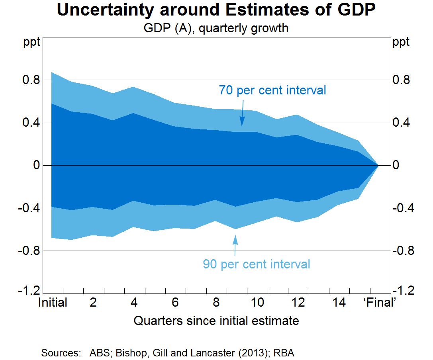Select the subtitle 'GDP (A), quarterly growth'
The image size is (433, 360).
click(216, 29)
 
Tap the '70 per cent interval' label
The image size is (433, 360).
click(272, 90)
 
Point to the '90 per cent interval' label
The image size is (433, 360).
click(257, 264)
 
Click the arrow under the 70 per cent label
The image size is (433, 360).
click(242, 117)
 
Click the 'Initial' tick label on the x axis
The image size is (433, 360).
click(53, 303)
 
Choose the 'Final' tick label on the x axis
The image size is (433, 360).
click(380, 303)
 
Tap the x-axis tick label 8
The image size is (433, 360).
click(216, 303)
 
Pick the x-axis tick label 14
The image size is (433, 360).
click(339, 303)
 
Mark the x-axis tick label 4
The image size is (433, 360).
click(134, 303)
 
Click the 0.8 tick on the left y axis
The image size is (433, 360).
click(31, 80)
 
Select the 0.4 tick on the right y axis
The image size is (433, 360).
click(401, 123)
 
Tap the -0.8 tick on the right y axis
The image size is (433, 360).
click(403, 251)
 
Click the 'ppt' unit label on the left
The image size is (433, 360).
click(32, 43)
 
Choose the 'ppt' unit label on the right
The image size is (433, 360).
click(401, 43)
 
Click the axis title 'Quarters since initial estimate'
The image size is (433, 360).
click(216, 321)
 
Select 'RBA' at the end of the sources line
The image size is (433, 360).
click(286, 353)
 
